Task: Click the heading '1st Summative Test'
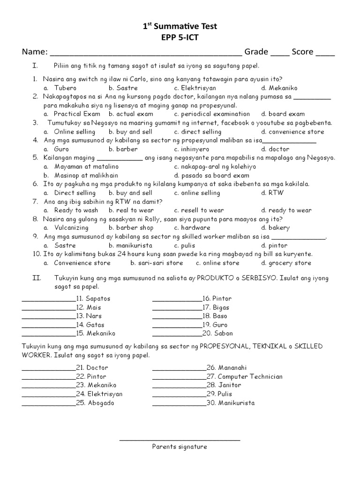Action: pos(180,27)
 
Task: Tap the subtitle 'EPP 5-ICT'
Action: pos(180,38)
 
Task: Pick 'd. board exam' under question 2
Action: pos(283,114)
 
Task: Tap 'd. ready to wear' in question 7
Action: pos(286,210)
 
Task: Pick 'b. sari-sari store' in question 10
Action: pos(146,263)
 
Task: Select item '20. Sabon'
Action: pos(217,333)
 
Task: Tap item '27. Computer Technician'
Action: pos(244,376)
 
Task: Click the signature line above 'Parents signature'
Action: pos(180,440)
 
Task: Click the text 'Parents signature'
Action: pos(180,447)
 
